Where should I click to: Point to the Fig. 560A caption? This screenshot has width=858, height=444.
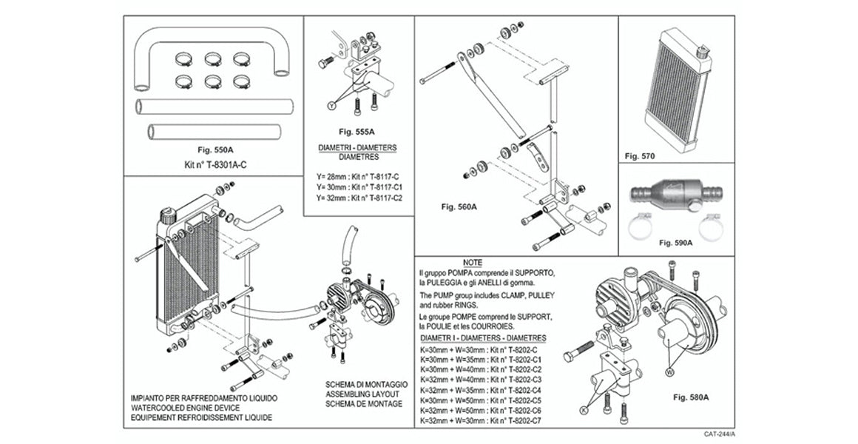click(459, 206)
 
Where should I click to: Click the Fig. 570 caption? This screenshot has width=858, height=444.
click(641, 156)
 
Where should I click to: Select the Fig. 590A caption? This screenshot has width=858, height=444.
click(675, 242)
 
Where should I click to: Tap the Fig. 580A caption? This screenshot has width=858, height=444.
click(692, 397)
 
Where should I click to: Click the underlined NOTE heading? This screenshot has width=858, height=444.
click(473, 263)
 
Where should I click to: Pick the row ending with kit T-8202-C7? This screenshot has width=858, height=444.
click(481, 421)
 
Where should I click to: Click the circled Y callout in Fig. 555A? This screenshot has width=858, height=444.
click(331, 107)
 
